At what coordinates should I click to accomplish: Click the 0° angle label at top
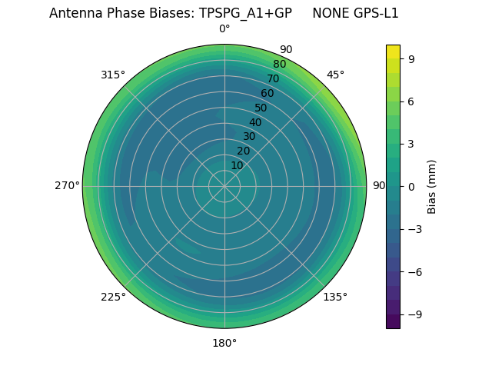pyautogui.click(x=224, y=29)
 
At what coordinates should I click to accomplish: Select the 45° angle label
pyautogui.click(x=335, y=75)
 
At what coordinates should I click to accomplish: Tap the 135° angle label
pyautogui.click(x=335, y=297)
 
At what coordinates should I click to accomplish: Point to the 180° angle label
pyautogui.click(x=224, y=343)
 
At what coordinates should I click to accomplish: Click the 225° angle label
pyautogui.click(x=113, y=297)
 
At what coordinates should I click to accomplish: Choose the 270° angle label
pyautogui.click(x=67, y=186)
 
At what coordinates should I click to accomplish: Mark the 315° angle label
pyautogui.click(x=113, y=75)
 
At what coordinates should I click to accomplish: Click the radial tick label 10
pyautogui.click(x=237, y=166)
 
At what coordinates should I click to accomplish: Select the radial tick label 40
pyautogui.click(x=255, y=122)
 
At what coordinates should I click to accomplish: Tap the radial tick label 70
pyautogui.click(x=273, y=79)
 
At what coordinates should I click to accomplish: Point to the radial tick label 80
pyautogui.click(x=279, y=65)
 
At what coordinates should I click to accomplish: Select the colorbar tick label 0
pyautogui.click(x=411, y=186)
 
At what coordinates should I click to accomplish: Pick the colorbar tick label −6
pyautogui.click(x=414, y=271)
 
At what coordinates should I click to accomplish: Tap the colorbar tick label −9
pyautogui.click(x=414, y=314)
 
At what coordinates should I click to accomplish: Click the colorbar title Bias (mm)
pyautogui.click(x=432, y=186)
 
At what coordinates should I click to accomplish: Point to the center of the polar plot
pyautogui.click(x=224, y=186)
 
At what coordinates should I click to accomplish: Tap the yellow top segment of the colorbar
pyautogui.click(x=393, y=52)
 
